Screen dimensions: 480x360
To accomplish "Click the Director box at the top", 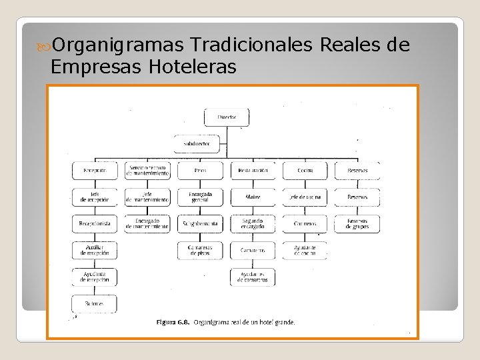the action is [x=227, y=117].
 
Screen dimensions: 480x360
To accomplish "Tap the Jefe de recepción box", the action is [x=95, y=197].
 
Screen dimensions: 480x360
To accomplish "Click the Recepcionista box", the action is [x=95, y=224].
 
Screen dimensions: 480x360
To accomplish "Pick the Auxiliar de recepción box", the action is [x=95, y=250].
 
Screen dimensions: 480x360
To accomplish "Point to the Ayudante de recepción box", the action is [x=95, y=277].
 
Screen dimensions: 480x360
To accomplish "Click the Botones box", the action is [x=95, y=303].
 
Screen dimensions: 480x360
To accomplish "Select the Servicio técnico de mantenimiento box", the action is [x=147, y=171].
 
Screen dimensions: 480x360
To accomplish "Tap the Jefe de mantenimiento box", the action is [x=147, y=197].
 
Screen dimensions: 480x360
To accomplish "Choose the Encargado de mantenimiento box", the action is [x=147, y=224].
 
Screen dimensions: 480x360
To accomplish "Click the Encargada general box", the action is [x=200, y=197].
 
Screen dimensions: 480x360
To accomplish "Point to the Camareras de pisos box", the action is [x=200, y=250].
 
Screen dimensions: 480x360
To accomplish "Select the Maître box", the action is [x=253, y=197].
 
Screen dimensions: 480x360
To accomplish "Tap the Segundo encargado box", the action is [x=253, y=224].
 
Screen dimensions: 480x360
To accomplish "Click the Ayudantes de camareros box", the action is [x=253, y=277].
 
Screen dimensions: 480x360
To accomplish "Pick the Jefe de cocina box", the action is [x=305, y=197].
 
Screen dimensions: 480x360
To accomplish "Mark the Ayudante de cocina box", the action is [x=305, y=250].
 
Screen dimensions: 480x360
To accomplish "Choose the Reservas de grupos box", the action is [x=357, y=224].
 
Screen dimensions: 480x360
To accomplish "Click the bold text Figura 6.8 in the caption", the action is [x=173, y=322].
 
